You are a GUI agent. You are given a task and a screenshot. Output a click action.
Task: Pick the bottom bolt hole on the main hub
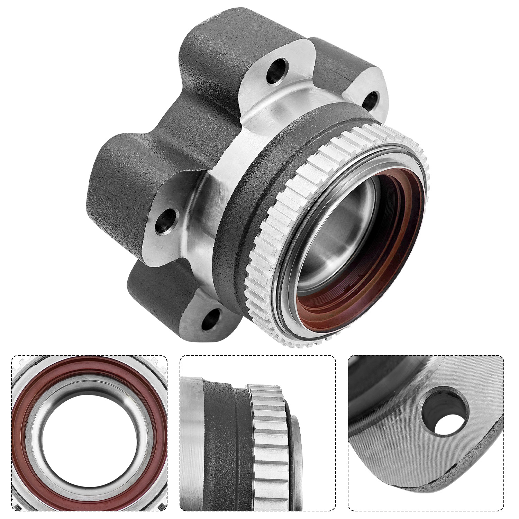(x=212, y=318)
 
